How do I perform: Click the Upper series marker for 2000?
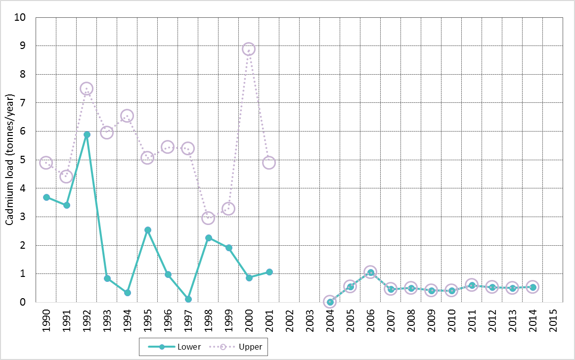click(x=249, y=49)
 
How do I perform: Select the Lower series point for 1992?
click(x=87, y=135)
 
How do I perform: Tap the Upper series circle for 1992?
click(x=87, y=89)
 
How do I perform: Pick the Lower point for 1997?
click(x=188, y=299)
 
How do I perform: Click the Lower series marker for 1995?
click(x=147, y=230)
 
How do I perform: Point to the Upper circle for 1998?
click(x=208, y=218)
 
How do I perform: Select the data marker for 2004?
click(x=330, y=302)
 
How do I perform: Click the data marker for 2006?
click(x=370, y=272)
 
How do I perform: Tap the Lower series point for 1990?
click(x=46, y=197)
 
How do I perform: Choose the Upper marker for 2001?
click(x=269, y=163)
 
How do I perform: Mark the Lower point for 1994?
click(x=127, y=293)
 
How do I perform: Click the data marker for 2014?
click(x=532, y=287)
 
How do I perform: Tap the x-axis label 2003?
click(x=310, y=319)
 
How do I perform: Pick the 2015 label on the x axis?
click(x=553, y=319)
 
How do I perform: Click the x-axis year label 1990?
click(x=46, y=319)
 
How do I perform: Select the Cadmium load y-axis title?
click(x=9, y=160)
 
